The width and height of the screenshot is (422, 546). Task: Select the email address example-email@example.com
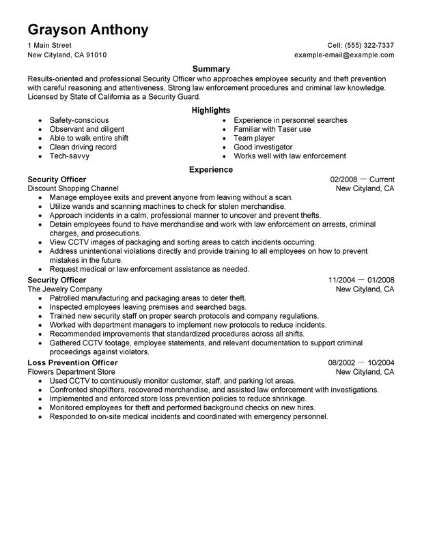pos(344,55)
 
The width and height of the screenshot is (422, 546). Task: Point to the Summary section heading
pos(211,69)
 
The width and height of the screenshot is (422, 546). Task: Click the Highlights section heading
pos(211,110)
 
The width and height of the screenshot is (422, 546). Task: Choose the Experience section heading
pos(211,169)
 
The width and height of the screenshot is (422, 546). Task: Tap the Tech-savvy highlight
pos(69,156)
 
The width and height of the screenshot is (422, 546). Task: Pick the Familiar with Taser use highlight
pos(272,129)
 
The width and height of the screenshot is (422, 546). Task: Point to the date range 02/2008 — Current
pos(361,179)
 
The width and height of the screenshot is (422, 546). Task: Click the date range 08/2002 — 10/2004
pos(361,362)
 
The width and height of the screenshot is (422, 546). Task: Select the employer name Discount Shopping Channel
pos(73,188)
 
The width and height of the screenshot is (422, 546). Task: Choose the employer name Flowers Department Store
pos(72,372)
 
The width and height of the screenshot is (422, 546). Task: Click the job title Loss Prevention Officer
pos(72,362)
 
